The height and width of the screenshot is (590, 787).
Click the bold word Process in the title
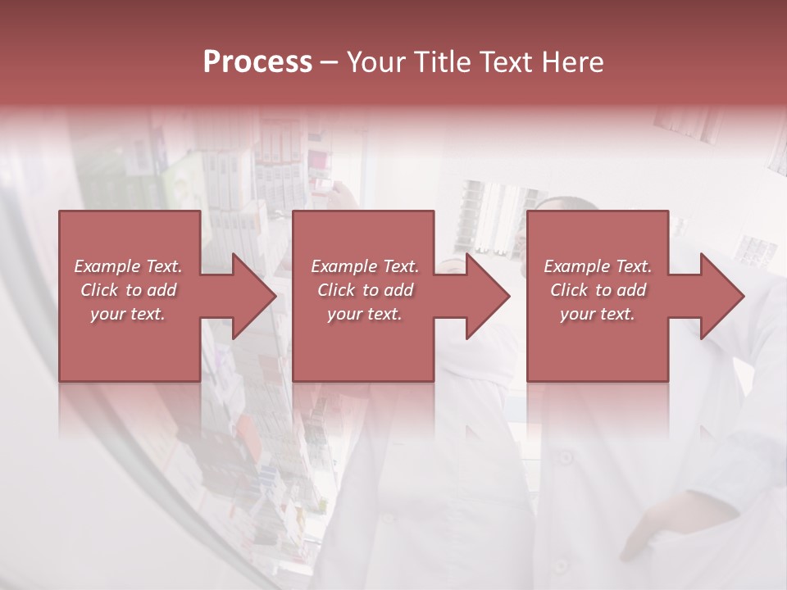click(257, 62)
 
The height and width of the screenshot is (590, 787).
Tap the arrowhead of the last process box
click(717, 297)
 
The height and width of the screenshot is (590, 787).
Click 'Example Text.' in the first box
click(128, 266)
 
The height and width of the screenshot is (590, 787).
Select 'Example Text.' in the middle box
click(365, 266)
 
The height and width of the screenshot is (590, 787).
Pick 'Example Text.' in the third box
click(598, 266)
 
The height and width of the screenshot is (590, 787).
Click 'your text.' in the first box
click(128, 314)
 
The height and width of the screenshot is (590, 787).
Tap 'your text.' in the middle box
click(365, 314)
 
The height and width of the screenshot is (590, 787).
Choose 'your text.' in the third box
click(598, 314)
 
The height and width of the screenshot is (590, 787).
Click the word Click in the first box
click(100, 290)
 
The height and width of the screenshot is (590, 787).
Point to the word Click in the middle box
click(337, 290)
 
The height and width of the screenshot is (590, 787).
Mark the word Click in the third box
click(570, 290)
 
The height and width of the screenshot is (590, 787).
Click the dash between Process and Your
click(330, 62)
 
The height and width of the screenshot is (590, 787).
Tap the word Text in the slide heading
click(506, 62)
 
